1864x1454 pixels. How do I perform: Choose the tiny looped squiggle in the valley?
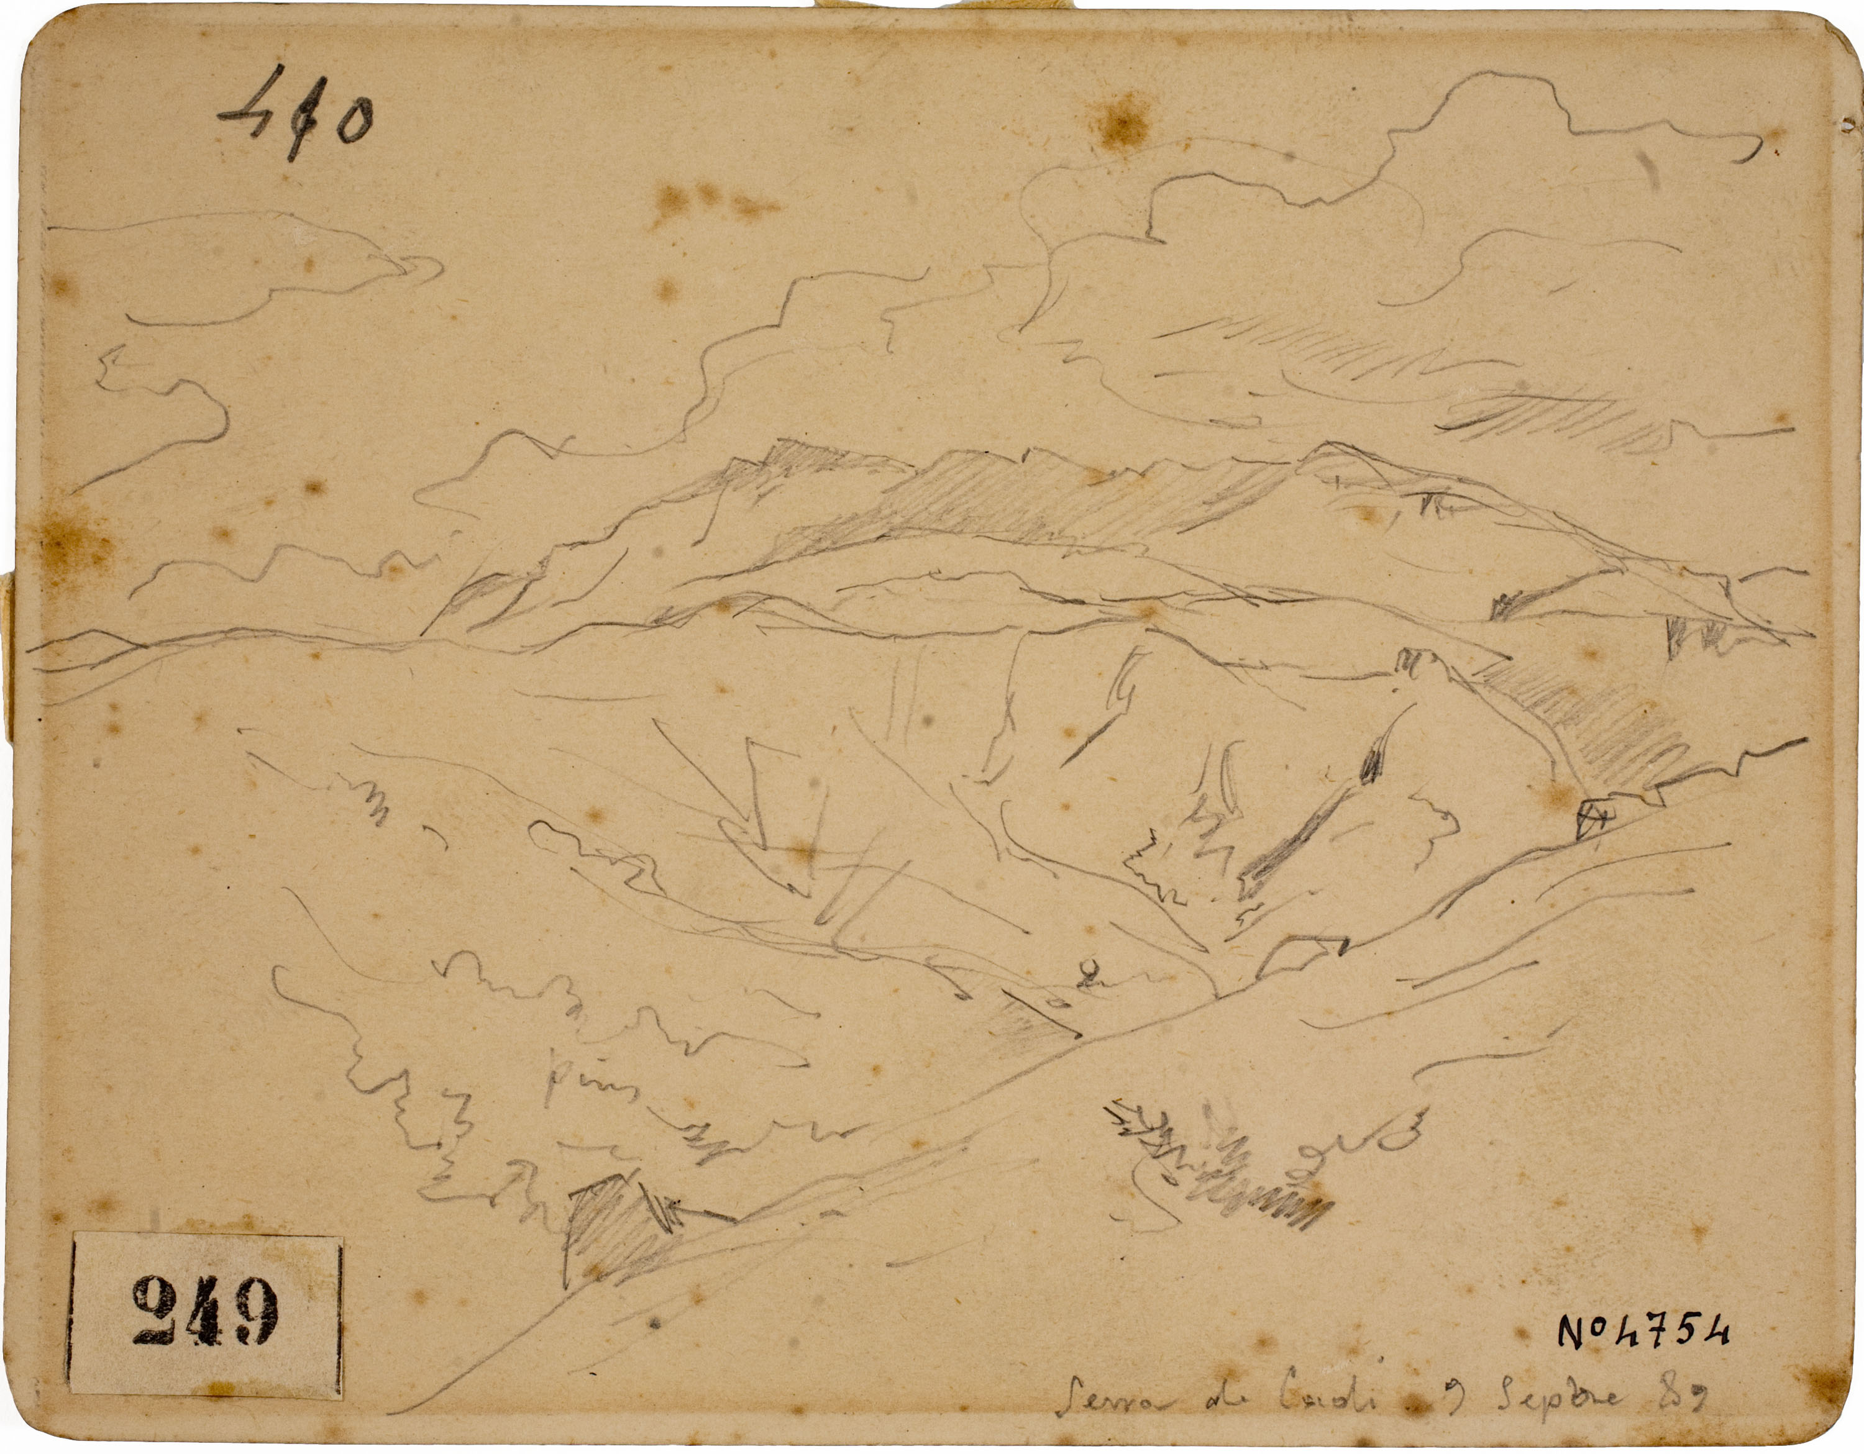(1087, 973)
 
